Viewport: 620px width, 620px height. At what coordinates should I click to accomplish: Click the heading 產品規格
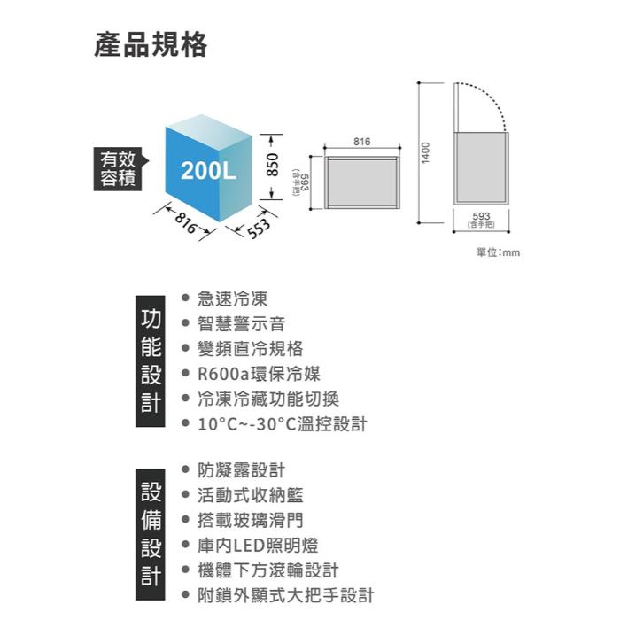[x=151, y=44]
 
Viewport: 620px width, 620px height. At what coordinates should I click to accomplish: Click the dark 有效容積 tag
[x=119, y=168]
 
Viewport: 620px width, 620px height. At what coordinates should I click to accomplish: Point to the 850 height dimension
[x=274, y=167]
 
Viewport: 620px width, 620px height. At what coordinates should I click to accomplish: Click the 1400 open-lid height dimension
[x=425, y=151]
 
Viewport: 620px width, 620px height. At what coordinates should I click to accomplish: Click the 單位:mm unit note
[x=498, y=252]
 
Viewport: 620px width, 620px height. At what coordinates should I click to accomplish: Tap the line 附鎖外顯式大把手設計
[x=285, y=594]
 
